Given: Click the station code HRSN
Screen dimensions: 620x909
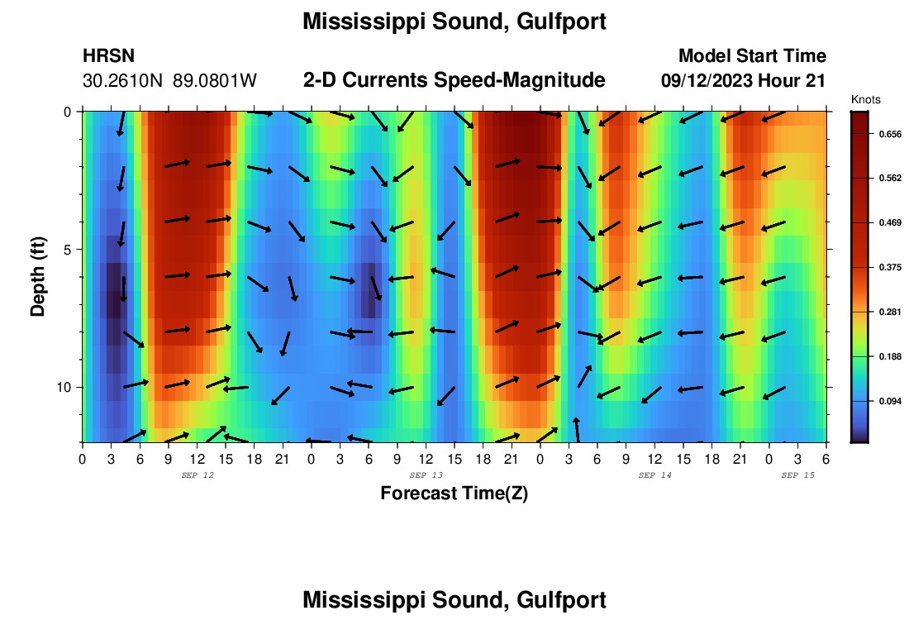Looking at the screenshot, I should coord(108,56).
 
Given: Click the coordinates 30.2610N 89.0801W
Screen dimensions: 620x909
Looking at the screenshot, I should coord(170,81).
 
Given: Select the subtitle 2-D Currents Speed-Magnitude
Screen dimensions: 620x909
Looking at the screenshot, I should coord(454,80).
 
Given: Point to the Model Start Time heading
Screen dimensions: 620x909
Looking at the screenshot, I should coord(752,56).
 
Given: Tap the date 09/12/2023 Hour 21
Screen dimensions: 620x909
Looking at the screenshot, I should coord(744,81).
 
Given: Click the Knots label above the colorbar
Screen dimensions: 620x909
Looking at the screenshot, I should coord(866,100).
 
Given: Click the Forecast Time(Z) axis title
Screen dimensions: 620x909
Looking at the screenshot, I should coord(454,494).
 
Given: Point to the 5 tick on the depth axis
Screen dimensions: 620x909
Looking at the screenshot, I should coord(67,249).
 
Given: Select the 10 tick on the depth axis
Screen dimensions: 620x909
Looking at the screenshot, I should coord(64,387).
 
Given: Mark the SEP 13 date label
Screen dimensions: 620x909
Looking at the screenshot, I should coord(426,475).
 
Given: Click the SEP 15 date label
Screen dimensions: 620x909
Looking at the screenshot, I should coord(798,475).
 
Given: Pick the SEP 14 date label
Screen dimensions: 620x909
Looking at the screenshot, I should coord(655,475).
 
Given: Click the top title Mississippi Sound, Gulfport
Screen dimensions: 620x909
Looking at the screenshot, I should coord(454,22).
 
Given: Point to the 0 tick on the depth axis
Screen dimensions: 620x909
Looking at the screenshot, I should coord(68,112).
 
